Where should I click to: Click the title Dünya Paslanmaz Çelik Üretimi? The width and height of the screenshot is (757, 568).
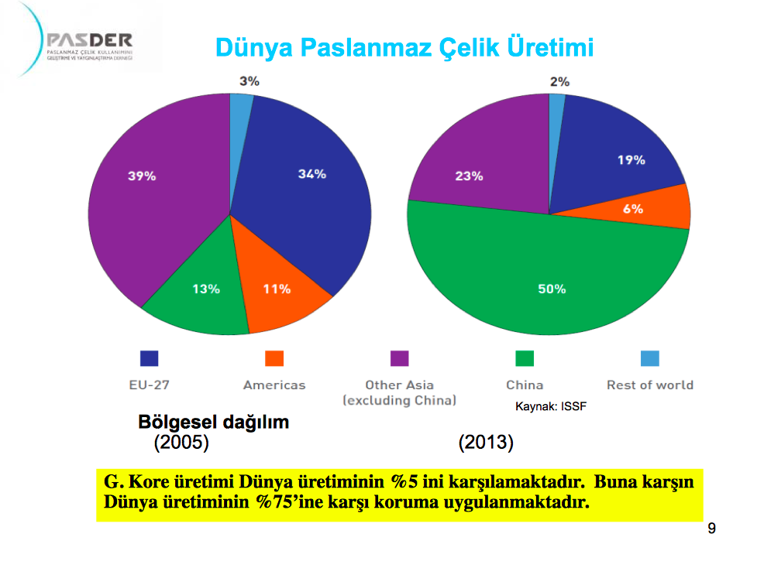[404, 47]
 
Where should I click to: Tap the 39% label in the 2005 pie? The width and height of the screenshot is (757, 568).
[142, 176]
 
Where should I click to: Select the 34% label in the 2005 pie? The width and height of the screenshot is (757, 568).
[312, 174]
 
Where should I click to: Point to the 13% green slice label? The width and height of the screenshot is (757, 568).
[206, 289]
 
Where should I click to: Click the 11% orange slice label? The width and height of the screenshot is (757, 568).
[277, 289]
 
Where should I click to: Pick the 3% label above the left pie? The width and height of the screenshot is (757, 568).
[249, 81]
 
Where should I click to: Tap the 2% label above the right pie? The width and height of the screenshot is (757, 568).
[559, 81]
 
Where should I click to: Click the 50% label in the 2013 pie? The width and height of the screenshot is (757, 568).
[552, 289]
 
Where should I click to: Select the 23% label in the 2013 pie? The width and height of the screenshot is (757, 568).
[469, 176]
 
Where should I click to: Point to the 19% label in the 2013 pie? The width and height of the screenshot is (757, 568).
[631, 160]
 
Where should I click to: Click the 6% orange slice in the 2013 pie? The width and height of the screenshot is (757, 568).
[633, 209]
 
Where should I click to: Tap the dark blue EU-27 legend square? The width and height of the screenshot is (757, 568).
[150, 358]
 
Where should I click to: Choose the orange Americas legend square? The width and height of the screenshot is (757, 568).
[274, 358]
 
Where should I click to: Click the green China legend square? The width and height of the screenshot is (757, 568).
[525, 358]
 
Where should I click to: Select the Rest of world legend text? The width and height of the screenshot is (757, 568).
[650, 385]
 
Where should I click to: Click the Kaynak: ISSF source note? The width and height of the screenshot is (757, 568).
[551, 406]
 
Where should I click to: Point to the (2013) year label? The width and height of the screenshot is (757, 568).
[486, 442]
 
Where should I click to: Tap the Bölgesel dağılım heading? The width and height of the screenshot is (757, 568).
[213, 422]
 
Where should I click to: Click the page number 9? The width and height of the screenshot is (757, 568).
[711, 529]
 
